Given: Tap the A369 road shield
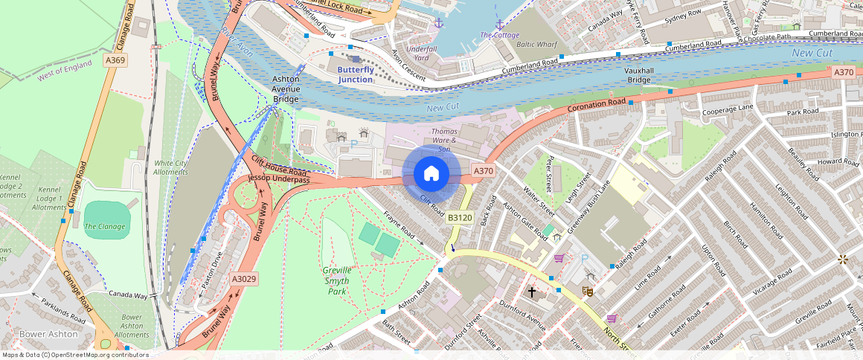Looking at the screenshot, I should [115, 60].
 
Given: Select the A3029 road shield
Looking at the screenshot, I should [243, 279].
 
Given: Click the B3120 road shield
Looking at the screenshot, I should [459, 217].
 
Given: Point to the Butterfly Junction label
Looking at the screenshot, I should [355, 74].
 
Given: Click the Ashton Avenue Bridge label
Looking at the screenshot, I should [286, 89].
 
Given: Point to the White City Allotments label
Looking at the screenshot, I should [170, 167].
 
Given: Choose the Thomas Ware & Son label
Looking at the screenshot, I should [445, 140].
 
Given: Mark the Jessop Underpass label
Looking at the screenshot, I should [279, 180].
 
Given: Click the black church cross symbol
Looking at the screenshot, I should [531, 292].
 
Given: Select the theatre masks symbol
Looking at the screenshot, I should [587, 292].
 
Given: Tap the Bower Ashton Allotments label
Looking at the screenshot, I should [132, 326].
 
